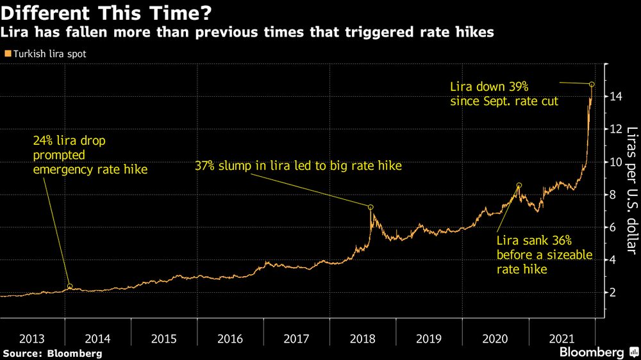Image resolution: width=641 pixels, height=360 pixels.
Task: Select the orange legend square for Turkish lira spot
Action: pos(7,54)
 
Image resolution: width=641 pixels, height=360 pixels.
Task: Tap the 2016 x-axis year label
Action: pos(230,339)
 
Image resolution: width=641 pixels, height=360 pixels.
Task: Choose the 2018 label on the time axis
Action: pos(362,339)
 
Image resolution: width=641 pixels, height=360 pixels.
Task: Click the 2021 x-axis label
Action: pos(561,339)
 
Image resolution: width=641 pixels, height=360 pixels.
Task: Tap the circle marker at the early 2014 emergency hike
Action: pos(70,286)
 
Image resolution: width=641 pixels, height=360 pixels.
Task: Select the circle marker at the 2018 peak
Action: pos(370,207)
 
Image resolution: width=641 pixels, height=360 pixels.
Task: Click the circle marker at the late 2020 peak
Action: pos(519,185)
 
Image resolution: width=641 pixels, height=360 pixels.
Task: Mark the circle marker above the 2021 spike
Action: pos(592,85)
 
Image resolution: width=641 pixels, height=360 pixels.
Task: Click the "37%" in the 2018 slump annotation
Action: pos(206,167)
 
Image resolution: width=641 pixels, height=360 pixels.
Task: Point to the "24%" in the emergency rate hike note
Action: pos(44,140)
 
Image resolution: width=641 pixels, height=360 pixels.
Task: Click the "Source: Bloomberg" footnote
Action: pos(52,353)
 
